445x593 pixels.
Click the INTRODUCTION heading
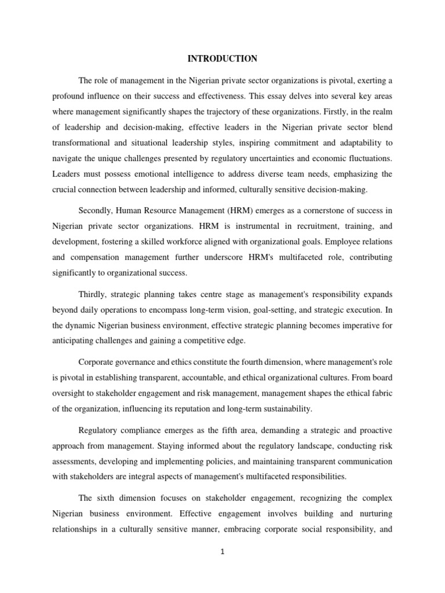(222, 58)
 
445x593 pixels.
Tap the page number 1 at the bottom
(222, 552)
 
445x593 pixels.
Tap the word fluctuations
(368, 158)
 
